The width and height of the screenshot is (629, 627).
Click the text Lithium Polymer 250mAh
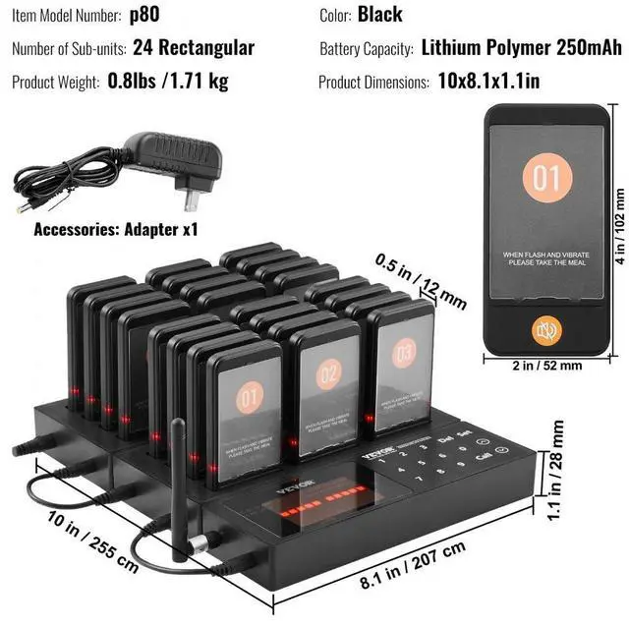click(521, 48)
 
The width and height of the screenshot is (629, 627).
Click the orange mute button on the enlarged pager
click(546, 329)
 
